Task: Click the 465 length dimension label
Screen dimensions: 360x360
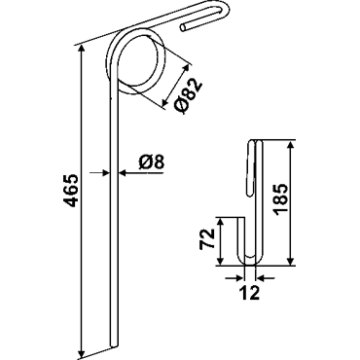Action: click(70, 191)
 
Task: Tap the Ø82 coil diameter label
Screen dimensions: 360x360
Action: click(188, 96)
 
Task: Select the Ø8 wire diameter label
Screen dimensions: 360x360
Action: click(152, 162)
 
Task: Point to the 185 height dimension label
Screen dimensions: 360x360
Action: click(280, 199)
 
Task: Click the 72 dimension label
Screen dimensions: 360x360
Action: click(207, 238)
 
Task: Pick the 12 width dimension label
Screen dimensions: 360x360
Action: click(250, 293)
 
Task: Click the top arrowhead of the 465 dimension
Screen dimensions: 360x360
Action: click(82, 50)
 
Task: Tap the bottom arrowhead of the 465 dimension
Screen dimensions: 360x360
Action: click(82, 351)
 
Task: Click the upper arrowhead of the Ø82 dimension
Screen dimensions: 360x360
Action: click(186, 69)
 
